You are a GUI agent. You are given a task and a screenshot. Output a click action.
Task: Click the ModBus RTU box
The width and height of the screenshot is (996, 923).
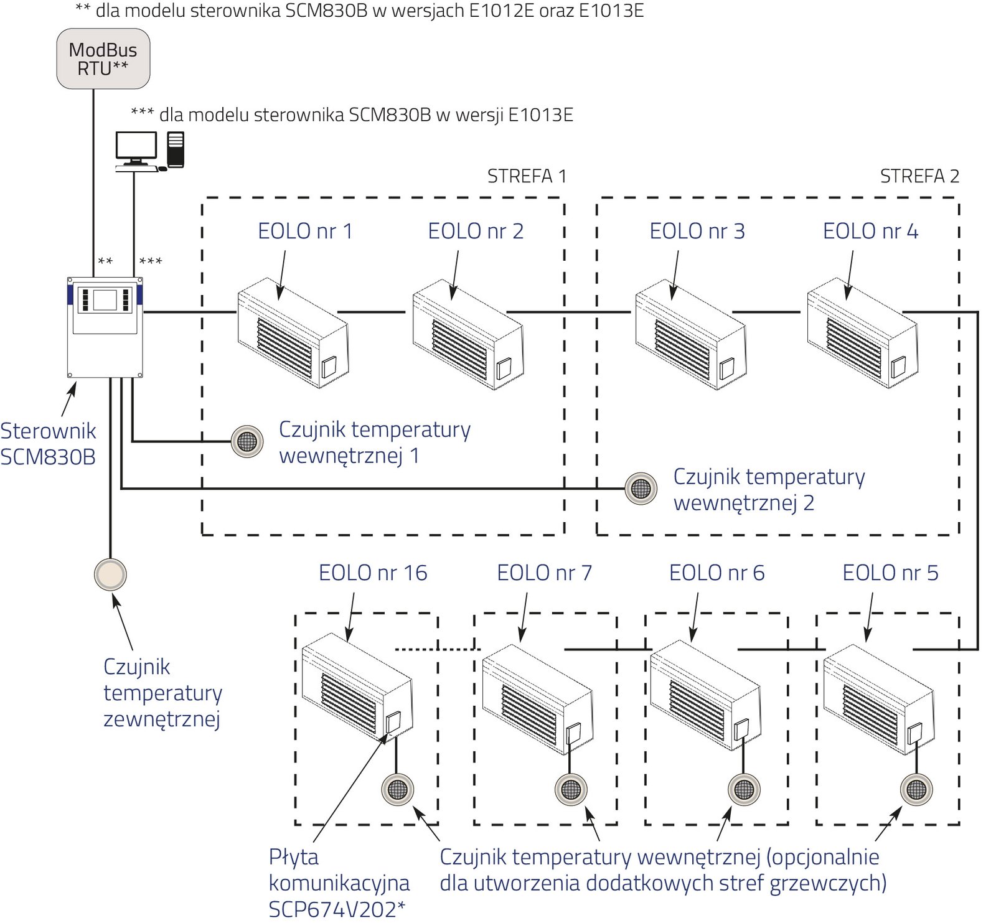coord(103,59)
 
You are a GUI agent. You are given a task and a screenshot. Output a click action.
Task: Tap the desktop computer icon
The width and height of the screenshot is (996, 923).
coord(149,151)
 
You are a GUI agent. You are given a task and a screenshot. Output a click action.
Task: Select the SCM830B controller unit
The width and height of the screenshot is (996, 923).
coord(105,327)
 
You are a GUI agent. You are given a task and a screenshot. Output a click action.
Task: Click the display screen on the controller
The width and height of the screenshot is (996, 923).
coord(105,299)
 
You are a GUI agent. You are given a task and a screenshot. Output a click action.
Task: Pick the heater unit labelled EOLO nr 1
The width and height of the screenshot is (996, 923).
coord(293,334)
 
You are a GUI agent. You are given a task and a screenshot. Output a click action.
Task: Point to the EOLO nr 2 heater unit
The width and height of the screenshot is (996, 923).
coord(467,335)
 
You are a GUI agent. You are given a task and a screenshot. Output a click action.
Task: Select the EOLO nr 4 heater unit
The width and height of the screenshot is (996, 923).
coord(862,334)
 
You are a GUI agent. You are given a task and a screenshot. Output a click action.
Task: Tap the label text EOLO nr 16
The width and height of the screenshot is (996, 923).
coord(373,573)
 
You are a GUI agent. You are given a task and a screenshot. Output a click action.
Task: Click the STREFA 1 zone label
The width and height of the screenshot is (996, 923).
coord(527,177)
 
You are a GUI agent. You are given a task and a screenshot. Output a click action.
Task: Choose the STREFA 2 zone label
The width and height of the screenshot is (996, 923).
coord(919,177)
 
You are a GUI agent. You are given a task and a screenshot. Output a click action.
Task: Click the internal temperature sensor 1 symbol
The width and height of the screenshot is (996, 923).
coord(247,441)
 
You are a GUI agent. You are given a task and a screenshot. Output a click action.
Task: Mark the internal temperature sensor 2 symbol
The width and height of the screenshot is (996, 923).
coord(641,489)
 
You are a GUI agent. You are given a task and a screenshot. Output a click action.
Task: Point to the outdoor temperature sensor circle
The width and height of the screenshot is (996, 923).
coord(110,574)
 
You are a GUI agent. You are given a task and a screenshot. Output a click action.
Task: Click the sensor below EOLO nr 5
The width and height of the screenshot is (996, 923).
coord(916,790)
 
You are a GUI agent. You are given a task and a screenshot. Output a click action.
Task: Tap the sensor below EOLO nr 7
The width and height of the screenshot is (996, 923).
coord(571,790)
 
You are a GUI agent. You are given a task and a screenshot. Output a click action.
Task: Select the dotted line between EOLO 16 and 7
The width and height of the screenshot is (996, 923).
coord(438,649)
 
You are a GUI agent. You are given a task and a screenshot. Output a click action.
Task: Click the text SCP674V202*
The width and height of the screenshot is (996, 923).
coord(337,909)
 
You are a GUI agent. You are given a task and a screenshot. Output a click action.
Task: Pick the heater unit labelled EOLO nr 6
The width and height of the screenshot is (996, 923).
coord(705,700)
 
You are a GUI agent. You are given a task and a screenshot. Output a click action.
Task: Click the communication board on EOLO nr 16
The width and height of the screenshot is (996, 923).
coord(393,723)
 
